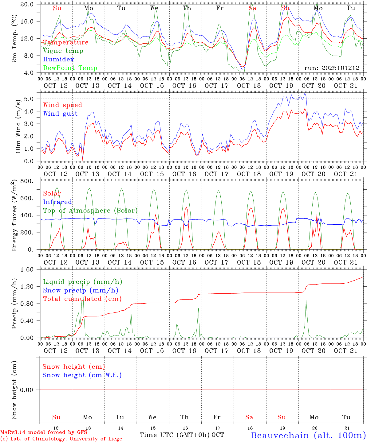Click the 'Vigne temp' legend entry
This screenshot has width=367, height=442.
[x=63, y=51]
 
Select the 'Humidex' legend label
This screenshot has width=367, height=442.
[x=58, y=60]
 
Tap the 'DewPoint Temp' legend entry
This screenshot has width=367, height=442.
[x=70, y=68]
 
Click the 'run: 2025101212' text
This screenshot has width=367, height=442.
[x=332, y=68]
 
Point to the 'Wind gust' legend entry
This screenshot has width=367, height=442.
[x=60, y=114]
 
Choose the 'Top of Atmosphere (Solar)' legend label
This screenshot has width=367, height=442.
[x=90, y=211]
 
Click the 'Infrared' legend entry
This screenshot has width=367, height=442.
[x=57, y=202]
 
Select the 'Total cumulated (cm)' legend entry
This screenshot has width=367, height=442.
[x=82, y=299]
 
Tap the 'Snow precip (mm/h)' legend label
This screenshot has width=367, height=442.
[x=81, y=290]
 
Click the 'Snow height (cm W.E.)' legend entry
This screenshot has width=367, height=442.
[x=82, y=375]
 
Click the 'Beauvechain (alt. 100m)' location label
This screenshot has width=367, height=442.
[x=308, y=435]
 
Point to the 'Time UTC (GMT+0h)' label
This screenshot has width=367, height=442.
[x=175, y=435]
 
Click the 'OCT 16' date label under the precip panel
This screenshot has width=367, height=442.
[x=184, y=351]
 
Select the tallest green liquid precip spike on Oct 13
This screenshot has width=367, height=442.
[x=82, y=284]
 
